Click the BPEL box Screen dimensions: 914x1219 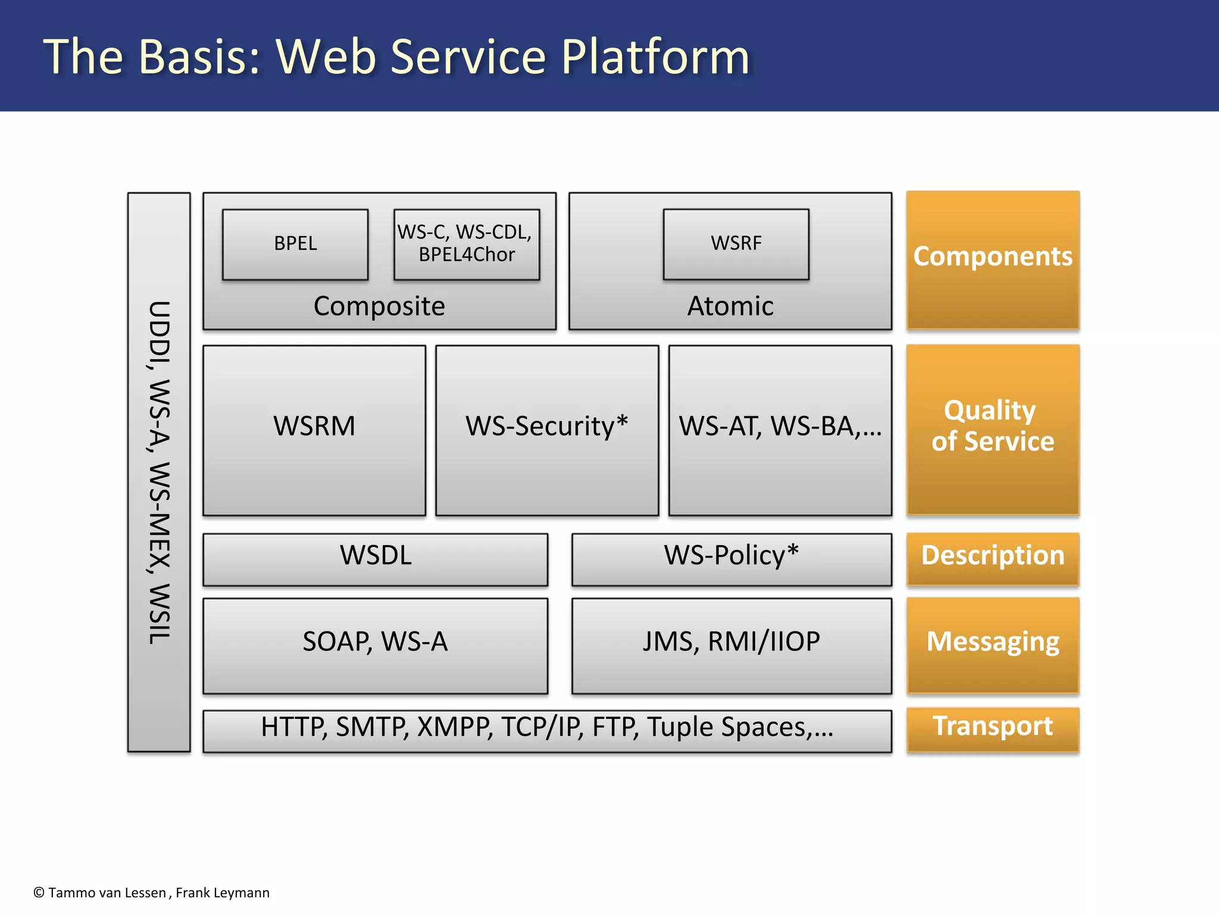coord(295,244)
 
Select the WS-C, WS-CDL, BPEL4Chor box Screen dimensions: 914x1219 coord(466,244)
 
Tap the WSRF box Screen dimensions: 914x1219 coord(736,244)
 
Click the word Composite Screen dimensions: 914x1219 coord(379,306)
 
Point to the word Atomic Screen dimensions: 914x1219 coord(730,306)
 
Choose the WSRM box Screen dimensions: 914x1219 coord(314,430)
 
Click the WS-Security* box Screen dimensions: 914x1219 coord(546,430)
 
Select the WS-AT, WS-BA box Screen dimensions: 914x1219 coord(780,430)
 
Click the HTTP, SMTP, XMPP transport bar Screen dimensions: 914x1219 coord(546,730)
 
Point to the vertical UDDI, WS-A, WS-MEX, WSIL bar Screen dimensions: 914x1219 coord(159,471)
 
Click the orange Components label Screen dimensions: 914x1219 coord(992,259)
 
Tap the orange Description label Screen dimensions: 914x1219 coord(992,558)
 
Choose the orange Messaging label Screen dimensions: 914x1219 coord(992,644)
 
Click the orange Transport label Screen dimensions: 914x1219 coord(992,728)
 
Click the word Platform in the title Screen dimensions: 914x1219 coord(655,58)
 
